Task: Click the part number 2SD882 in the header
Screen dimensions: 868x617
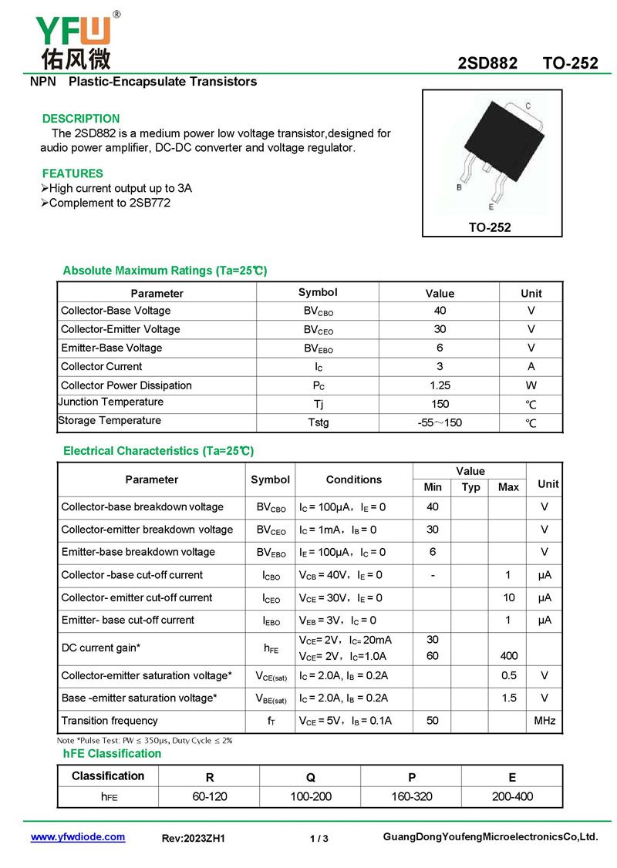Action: click(x=487, y=63)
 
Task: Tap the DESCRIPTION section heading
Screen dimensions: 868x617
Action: click(x=81, y=119)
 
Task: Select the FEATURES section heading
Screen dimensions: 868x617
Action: click(x=72, y=173)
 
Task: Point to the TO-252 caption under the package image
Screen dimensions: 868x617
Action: click(x=491, y=227)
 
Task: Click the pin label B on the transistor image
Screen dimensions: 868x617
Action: click(x=460, y=187)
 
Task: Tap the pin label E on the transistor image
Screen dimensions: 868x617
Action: click(x=491, y=207)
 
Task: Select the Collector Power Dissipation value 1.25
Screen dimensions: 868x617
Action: click(x=440, y=385)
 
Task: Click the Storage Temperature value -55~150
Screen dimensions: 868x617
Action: click(x=440, y=422)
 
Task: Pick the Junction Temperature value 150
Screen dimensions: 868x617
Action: click(x=440, y=404)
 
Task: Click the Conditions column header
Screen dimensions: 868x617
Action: click(x=353, y=479)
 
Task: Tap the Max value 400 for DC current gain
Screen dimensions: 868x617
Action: click(x=508, y=656)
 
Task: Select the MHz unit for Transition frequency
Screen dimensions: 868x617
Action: click(x=545, y=721)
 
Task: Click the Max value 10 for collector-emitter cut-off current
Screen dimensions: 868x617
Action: click(x=508, y=597)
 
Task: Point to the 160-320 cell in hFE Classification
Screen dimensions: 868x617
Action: click(x=412, y=796)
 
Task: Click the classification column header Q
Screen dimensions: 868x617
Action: click(x=311, y=777)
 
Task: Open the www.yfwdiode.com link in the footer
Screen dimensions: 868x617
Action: click(x=77, y=837)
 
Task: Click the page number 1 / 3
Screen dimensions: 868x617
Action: click(x=319, y=839)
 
